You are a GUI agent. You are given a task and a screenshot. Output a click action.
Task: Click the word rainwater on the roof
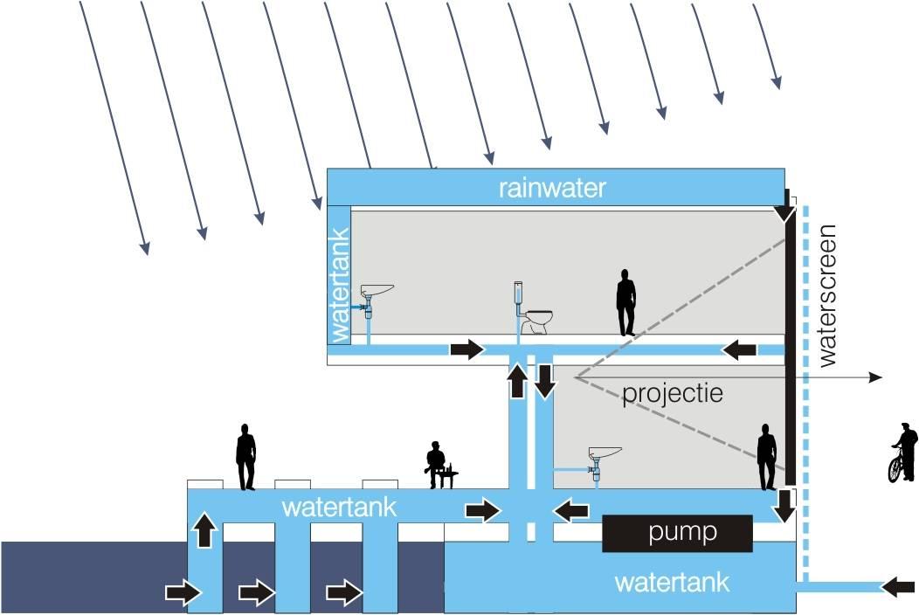[x=552, y=188]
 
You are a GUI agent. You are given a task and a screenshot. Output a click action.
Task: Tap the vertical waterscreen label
[x=827, y=295]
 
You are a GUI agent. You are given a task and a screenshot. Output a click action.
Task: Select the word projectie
[x=673, y=393]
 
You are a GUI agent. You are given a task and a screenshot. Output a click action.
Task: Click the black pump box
[x=677, y=533]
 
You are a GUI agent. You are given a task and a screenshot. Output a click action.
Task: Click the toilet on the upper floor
[x=534, y=314]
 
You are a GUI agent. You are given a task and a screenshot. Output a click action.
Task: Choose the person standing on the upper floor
[x=625, y=302]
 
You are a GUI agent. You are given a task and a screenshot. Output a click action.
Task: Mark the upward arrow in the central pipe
[x=518, y=382]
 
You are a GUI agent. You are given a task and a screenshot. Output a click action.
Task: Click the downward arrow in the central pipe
[x=545, y=382]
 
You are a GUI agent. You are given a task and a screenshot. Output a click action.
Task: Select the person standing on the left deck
[x=245, y=457]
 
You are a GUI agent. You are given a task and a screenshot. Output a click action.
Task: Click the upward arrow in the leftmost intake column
[x=204, y=530]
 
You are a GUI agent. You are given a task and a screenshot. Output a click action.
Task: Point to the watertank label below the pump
[x=672, y=582]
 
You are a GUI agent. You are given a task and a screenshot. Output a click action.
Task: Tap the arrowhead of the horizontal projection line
[x=875, y=377]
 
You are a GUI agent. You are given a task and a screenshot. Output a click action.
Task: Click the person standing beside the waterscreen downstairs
[x=767, y=456]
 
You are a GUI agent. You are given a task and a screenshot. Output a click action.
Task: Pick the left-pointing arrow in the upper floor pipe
[x=739, y=350]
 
